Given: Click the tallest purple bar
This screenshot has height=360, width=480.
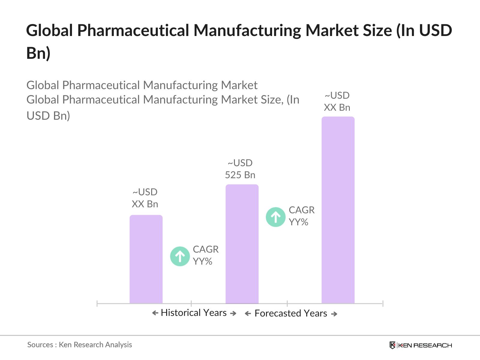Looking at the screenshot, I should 338,210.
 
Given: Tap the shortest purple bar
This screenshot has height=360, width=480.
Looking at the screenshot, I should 146,259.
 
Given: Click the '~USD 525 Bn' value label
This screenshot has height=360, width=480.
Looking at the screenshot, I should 240,169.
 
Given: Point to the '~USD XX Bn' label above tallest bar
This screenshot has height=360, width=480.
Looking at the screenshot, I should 337,101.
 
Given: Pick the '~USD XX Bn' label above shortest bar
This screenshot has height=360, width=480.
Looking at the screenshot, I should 145,198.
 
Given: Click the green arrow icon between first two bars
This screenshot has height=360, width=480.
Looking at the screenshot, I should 180,256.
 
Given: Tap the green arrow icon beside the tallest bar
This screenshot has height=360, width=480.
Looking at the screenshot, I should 275,217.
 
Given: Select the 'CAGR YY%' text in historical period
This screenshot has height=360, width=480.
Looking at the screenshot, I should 205,255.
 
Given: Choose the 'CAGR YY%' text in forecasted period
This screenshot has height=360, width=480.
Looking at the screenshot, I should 301,216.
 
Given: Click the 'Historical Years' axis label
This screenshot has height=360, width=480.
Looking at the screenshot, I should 193,313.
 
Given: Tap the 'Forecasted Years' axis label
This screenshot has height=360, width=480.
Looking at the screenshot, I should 290,313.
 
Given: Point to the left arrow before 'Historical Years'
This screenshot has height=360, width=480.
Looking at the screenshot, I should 155,313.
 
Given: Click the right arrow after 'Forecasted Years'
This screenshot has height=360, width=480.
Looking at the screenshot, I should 334,314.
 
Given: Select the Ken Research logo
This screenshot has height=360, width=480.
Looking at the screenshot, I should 421,345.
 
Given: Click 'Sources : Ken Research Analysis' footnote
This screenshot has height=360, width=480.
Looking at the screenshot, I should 79,345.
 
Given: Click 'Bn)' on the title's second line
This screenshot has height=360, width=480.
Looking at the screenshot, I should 38,53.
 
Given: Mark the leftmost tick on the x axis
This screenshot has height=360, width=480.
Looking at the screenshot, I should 97,304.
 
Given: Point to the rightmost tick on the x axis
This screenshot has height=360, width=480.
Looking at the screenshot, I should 383,304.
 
